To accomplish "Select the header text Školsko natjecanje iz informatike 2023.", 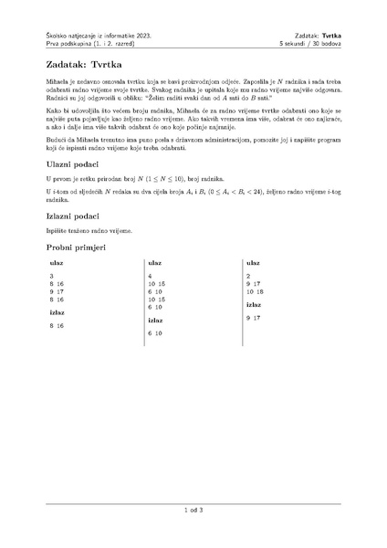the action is [98, 33].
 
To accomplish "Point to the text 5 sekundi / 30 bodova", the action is [309, 43].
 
